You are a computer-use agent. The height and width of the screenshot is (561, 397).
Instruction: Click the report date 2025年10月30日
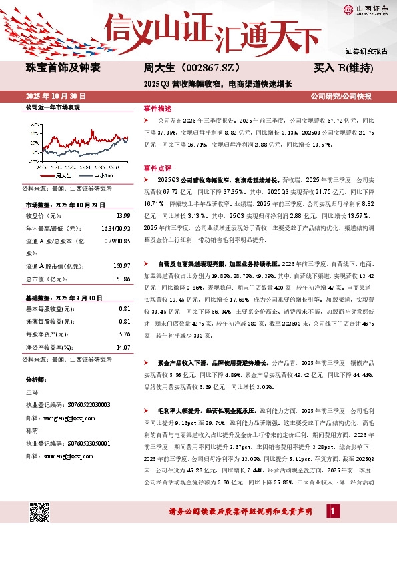point(56,97)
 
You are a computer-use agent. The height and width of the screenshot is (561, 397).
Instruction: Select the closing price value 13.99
point(123,216)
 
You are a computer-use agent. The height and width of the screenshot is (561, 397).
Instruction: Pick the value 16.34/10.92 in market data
point(115,228)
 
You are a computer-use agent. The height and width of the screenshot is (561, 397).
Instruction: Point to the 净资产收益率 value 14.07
point(122,347)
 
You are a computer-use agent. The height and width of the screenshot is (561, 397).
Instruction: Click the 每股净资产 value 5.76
point(123,334)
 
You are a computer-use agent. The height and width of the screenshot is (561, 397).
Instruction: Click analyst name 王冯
point(31,392)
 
